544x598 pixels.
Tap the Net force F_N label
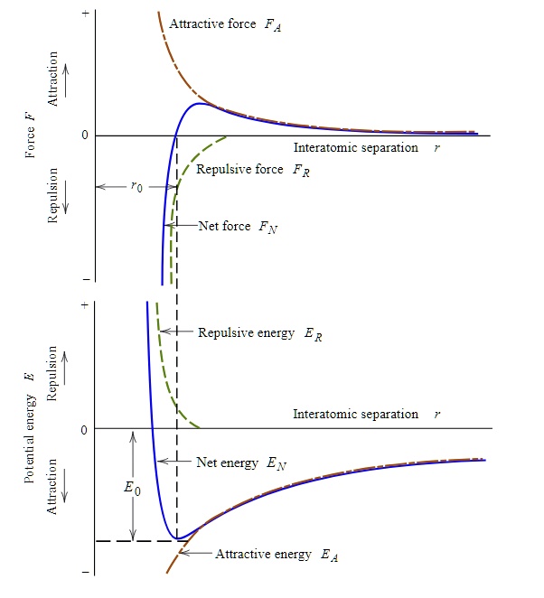pyautogui.click(x=238, y=226)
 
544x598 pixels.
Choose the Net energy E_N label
pyautogui.click(x=241, y=463)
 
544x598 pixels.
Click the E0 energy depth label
pyautogui.click(x=132, y=488)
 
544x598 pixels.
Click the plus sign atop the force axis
pyautogui.click(x=85, y=14)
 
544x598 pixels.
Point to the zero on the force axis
pyautogui.click(x=84, y=135)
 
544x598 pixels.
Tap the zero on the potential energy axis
pyautogui.click(x=84, y=429)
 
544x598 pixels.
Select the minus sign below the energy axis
pyautogui.click(x=85, y=573)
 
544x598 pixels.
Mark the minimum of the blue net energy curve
pyautogui.click(x=178, y=538)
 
